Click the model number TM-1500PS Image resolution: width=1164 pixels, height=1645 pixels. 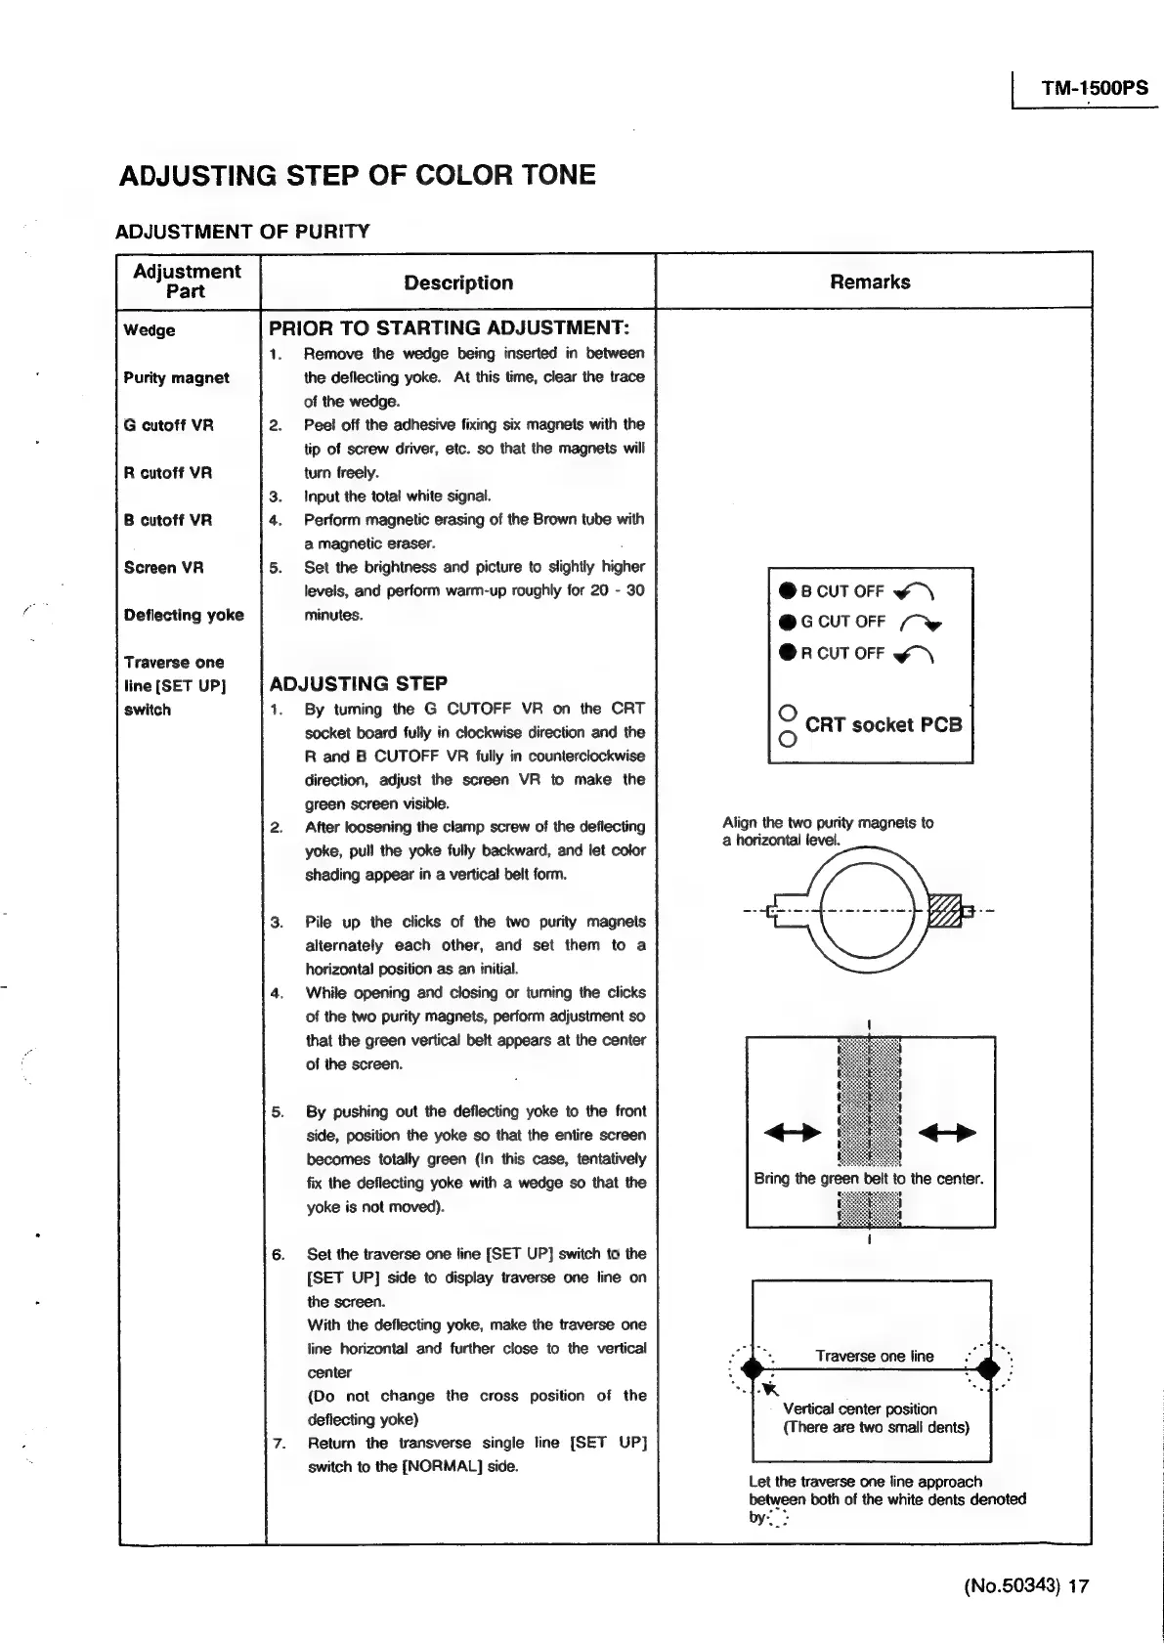[1094, 89]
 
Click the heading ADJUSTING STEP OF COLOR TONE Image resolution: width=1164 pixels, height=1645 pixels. [357, 176]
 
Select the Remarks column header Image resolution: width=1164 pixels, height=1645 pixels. [870, 282]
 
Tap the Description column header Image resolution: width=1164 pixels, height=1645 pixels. [458, 283]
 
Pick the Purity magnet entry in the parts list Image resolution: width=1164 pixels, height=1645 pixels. [176, 378]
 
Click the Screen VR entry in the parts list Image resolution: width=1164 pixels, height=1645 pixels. [163, 568]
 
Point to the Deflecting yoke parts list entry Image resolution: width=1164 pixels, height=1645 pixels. [184, 615]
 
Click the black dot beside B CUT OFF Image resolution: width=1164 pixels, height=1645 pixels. [788, 590]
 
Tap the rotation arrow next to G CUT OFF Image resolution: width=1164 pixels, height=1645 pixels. [921, 622]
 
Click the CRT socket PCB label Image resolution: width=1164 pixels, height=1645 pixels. [884, 725]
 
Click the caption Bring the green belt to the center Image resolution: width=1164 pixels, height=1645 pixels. [868, 1179]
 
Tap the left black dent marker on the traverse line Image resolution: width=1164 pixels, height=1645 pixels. [752, 1368]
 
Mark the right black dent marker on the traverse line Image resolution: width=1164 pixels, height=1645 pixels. [989, 1368]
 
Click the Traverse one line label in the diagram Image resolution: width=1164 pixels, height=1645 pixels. [875, 1357]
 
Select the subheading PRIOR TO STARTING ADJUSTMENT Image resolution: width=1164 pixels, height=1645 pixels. [449, 328]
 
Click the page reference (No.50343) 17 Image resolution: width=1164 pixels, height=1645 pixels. [1025, 1585]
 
